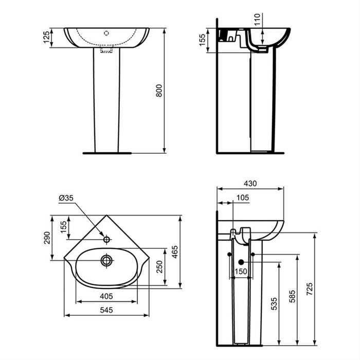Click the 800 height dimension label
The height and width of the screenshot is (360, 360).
pos(159,90)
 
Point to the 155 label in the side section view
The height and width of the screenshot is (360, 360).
pos(203,40)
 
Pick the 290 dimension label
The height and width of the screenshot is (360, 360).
pos(47,238)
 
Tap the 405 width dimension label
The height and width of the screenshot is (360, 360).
pos(106,296)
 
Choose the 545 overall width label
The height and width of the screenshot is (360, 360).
pos(106,310)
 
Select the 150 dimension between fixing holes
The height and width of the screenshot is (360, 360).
pos(241,272)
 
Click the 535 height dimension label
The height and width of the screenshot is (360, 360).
pos(274,303)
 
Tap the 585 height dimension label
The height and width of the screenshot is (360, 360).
pos(292,298)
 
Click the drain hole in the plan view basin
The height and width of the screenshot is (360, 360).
pos(106,260)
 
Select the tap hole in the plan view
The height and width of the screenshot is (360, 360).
pos(106,239)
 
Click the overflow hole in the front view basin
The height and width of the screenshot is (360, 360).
pos(106,32)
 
